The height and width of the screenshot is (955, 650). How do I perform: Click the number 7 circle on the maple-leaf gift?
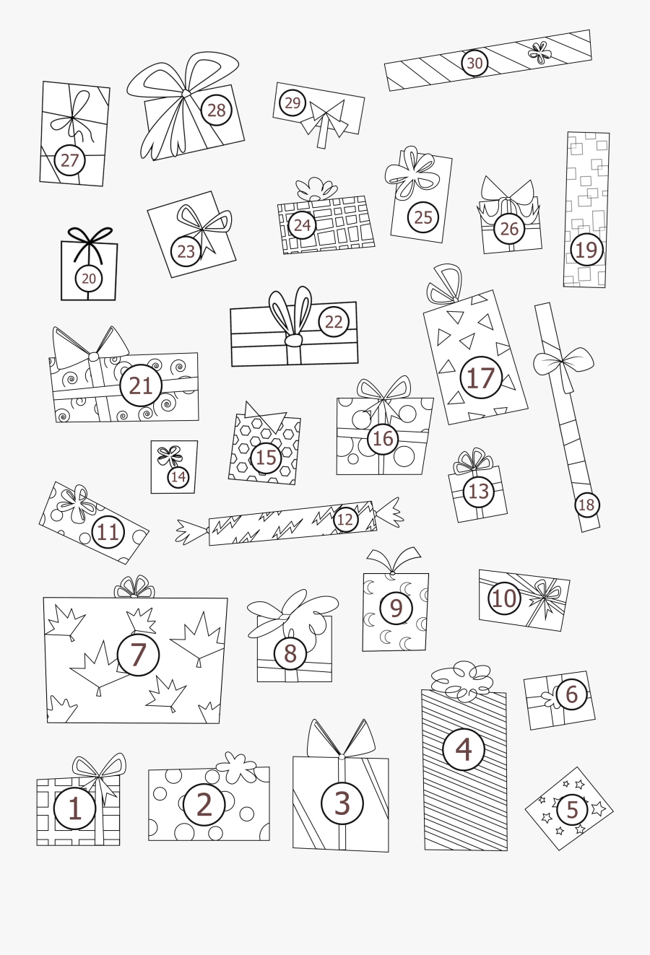coord(138,654)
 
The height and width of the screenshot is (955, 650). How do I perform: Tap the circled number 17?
coord(481,378)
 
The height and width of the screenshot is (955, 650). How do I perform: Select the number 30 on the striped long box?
coord(474,64)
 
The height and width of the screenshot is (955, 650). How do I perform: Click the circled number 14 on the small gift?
coord(178,477)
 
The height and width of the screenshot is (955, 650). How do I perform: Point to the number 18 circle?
coord(586,505)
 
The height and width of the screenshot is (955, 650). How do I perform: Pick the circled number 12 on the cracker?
coord(345,519)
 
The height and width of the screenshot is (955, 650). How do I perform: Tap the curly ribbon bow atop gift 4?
coord(462,680)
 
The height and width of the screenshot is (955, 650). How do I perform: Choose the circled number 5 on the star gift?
coord(572,809)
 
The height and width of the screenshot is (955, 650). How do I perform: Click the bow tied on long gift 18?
coord(565,361)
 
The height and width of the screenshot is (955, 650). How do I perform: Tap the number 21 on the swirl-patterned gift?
coord(140,385)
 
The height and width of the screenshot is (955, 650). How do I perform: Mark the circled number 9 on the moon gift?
coord(396,608)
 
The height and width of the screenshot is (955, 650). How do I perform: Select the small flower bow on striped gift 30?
coord(539,51)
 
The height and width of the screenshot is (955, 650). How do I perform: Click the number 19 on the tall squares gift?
coord(586,250)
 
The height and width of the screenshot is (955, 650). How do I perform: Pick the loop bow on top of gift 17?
coord(445,285)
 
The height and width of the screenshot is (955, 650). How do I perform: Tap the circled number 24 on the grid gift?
coord(302,224)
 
